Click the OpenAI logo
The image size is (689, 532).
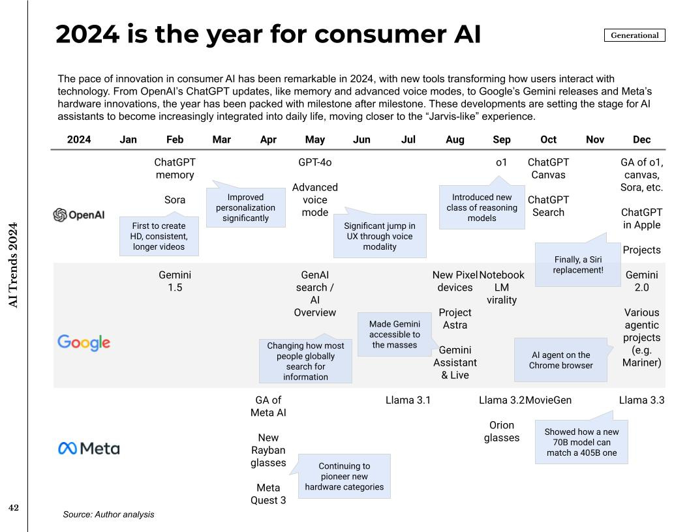click(78, 215)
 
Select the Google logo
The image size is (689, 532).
click(84, 342)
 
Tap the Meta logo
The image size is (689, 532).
click(89, 449)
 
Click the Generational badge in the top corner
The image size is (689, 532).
click(634, 35)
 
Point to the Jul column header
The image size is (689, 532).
click(408, 140)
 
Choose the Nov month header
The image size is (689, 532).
click(595, 140)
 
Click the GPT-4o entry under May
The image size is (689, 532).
click(314, 162)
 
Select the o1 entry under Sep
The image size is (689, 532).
click(501, 162)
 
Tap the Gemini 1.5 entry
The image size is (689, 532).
click(175, 282)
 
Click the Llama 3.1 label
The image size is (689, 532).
click(408, 400)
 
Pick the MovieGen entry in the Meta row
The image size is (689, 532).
click(549, 400)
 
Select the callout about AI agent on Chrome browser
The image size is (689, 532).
click(561, 360)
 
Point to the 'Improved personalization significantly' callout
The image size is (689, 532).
click(245, 207)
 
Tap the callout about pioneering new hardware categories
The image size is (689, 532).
click(344, 476)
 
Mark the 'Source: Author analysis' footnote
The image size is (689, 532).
click(108, 514)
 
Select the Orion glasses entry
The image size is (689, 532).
click(501, 432)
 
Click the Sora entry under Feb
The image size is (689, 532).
click(175, 200)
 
